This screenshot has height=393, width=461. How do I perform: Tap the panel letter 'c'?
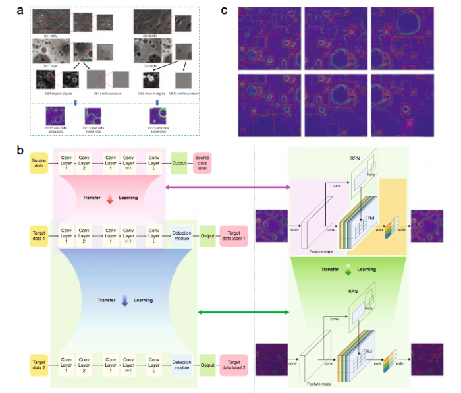(225, 11)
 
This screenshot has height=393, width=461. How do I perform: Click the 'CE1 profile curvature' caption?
(105, 94)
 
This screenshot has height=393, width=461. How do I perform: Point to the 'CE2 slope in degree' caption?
(152, 94)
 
